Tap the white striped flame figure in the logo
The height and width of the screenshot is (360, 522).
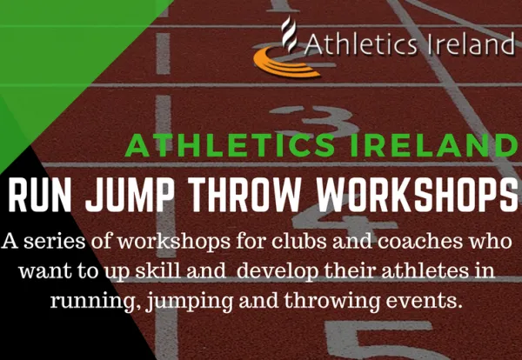[x=288, y=34]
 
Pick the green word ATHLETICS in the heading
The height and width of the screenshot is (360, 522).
[x=230, y=145]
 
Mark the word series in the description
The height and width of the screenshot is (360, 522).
[x=55, y=242]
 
